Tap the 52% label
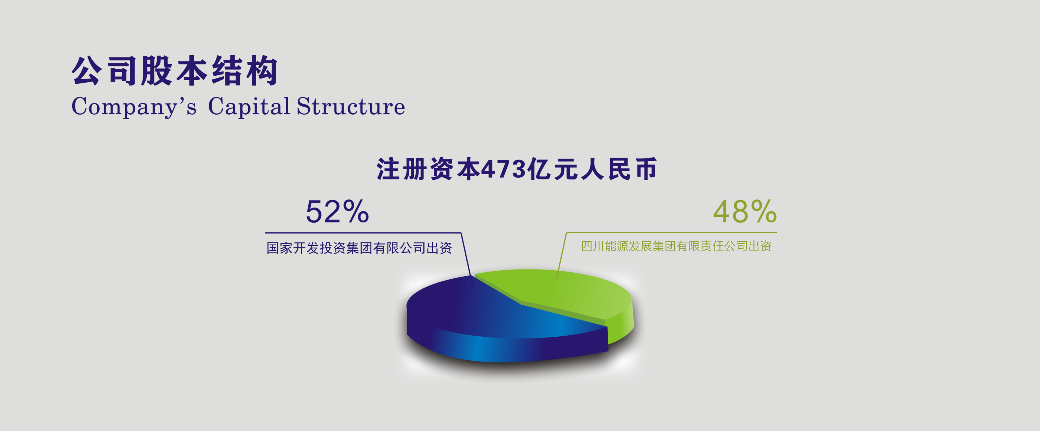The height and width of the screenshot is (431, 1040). click(337, 212)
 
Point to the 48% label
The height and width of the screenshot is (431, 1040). click(745, 211)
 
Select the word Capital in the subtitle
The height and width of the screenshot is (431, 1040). click(249, 107)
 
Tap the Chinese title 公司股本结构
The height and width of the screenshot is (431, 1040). click(175, 71)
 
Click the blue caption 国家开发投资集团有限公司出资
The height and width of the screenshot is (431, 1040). click(359, 248)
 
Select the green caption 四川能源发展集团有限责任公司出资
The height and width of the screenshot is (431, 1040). click(676, 246)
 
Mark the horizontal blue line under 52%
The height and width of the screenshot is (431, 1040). click(363, 233)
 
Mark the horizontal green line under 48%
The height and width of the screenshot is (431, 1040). click(672, 233)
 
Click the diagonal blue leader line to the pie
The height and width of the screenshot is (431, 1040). click(467, 260)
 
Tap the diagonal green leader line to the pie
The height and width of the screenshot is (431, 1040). click(561, 256)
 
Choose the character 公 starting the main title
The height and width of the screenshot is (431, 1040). click(86, 71)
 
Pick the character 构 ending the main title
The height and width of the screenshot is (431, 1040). click(263, 71)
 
